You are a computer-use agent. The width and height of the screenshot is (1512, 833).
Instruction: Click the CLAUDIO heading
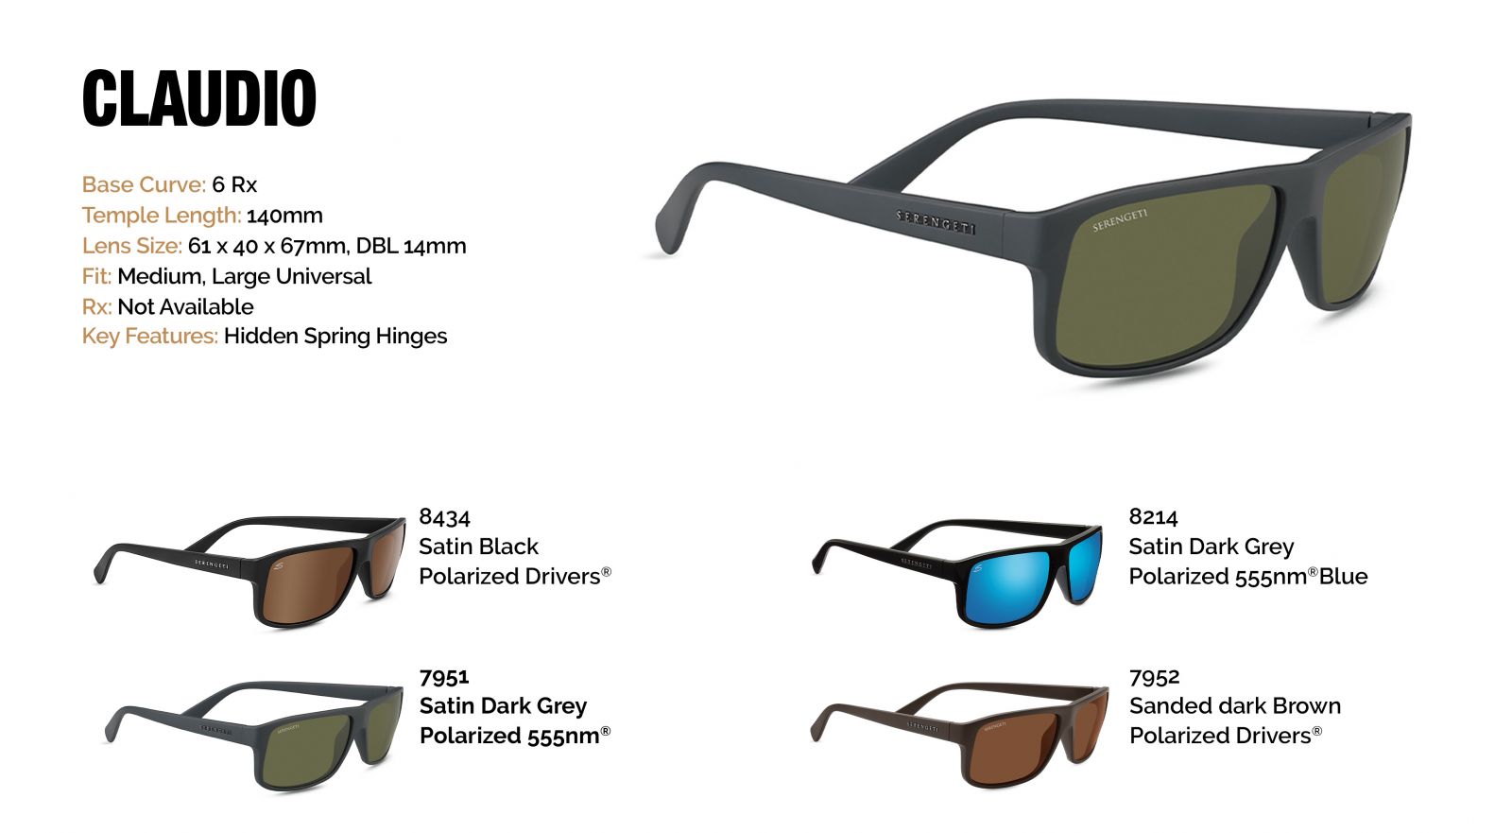(199, 98)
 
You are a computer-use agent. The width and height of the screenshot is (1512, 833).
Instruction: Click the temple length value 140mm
(284, 216)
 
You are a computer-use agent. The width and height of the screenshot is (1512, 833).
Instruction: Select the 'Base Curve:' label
(144, 184)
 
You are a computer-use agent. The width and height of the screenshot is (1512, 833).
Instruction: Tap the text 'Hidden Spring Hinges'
(335, 336)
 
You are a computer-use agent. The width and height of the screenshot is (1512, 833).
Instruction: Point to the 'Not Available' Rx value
(185, 306)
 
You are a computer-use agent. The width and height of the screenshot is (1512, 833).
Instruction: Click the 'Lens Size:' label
(132, 245)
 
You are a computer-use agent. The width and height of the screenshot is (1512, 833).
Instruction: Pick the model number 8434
(444, 517)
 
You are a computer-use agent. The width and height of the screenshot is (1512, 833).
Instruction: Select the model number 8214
(1154, 517)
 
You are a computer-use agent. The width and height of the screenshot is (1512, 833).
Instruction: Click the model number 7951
(444, 676)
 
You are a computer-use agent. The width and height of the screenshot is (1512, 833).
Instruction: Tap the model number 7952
(1154, 676)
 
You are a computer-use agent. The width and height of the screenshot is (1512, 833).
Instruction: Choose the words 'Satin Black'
(478, 546)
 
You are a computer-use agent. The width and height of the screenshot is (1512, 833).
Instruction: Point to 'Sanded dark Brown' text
(1235, 705)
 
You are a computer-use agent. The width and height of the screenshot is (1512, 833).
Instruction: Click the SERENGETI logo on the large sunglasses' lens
(1120, 220)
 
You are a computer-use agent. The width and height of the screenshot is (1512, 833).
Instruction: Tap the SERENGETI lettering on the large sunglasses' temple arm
(936, 222)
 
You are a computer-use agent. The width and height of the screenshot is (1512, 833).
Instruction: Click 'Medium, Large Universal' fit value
(245, 276)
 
